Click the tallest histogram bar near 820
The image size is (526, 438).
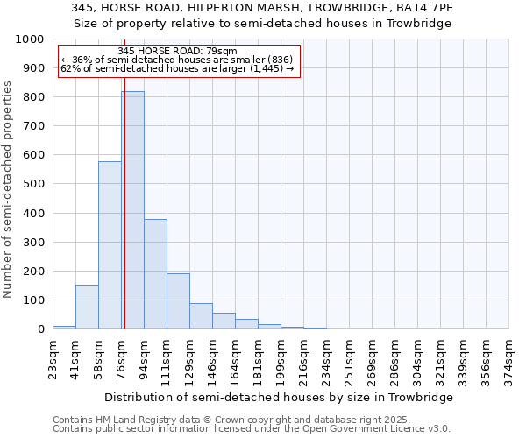point(132,210)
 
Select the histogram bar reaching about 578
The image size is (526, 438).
point(110,245)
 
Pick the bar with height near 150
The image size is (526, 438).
point(87,307)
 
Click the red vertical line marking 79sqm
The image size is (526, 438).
point(124,219)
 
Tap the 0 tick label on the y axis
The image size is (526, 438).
point(40,329)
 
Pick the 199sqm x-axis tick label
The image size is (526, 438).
point(281,358)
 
